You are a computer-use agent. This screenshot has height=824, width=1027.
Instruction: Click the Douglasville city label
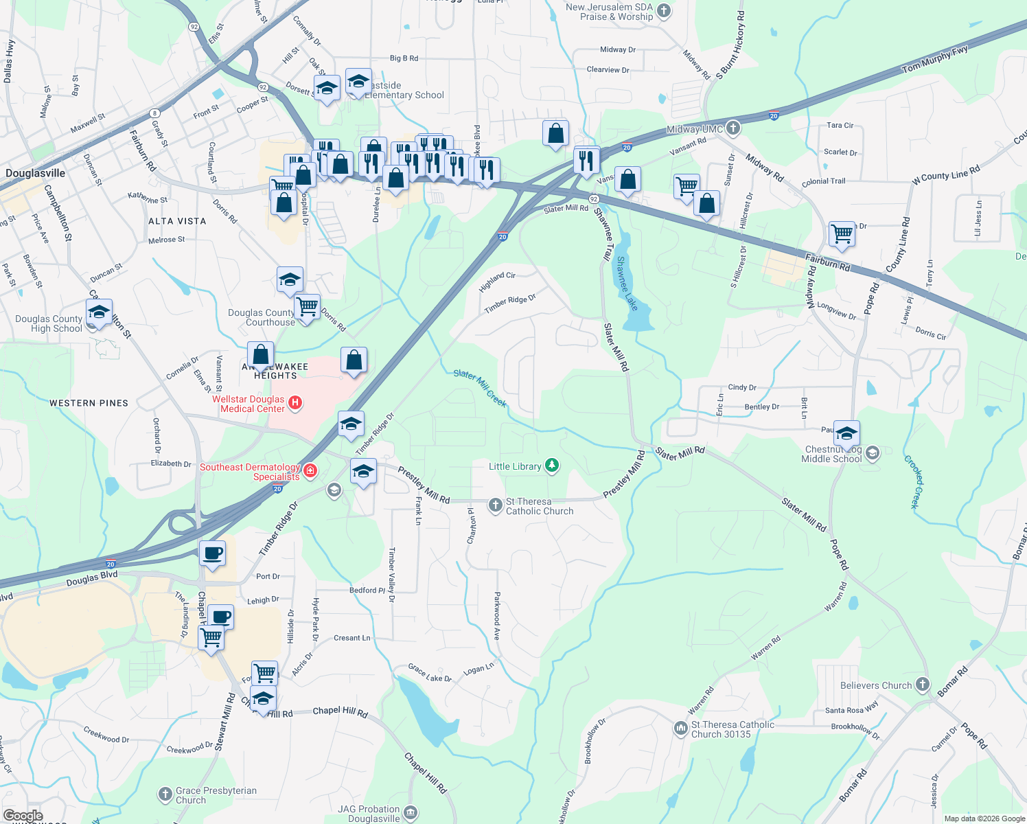click(x=36, y=173)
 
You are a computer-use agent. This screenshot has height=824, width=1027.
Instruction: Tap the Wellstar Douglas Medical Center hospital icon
click(x=295, y=403)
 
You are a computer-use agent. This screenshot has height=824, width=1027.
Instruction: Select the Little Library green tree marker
click(x=551, y=466)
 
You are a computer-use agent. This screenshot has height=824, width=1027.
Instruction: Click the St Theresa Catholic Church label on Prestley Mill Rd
click(x=539, y=507)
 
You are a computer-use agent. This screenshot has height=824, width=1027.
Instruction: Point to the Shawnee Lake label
click(x=626, y=283)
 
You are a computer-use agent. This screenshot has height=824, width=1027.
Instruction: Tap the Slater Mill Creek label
click(x=480, y=388)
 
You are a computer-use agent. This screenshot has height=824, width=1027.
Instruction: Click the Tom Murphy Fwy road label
click(x=934, y=60)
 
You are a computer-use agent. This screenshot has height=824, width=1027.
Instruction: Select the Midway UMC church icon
click(x=733, y=128)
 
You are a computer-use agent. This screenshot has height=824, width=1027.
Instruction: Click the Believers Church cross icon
click(x=922, y=685)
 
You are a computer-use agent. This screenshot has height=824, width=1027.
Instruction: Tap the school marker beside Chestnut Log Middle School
click(x=846, y=434)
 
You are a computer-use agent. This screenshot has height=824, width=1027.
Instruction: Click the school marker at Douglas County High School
click(x=99, y=312)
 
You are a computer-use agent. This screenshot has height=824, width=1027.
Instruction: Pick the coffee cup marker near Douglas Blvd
click(x=212, y=553)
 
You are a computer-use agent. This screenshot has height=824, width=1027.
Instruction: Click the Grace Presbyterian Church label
click(x=216, y=795)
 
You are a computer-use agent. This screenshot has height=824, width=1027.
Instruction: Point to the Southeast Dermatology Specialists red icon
click(x=310, y=470)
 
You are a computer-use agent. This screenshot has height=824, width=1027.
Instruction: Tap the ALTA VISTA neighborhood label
click(x=177, y=221)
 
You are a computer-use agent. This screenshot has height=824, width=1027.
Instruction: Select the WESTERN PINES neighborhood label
click(x=89, y=403)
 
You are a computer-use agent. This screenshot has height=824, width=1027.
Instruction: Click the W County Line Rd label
click(x=945, y=174)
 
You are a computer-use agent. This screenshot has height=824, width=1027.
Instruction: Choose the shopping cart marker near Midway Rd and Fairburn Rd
click(x=842, y=233)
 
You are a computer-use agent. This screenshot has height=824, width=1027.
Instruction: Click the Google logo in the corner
click(x=23, y=816)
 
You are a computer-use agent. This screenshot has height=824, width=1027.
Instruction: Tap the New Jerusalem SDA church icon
click(x=663, y=10)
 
